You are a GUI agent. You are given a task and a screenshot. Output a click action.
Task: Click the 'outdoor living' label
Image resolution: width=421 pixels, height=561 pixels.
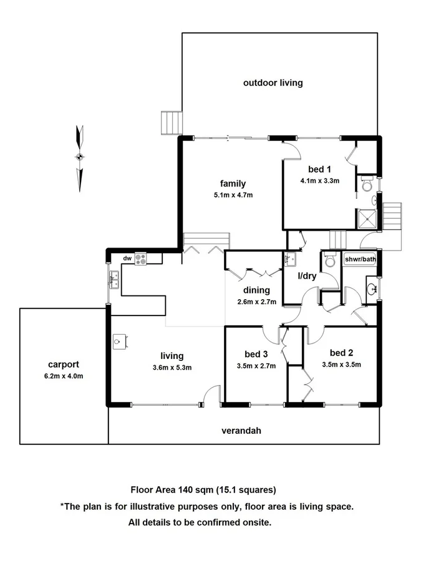click(x=273, y=82)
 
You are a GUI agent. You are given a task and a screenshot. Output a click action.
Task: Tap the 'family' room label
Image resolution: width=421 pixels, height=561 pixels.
click(x=233, y=183)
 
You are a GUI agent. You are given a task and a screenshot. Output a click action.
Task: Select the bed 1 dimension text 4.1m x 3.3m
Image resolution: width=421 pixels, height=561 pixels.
click(x=319, y=181)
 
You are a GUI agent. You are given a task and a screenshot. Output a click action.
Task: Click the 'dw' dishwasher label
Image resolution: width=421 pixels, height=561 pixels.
click(x=127, y=258)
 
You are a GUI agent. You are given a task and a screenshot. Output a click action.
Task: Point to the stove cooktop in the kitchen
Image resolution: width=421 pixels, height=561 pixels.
click(x=140, y=258)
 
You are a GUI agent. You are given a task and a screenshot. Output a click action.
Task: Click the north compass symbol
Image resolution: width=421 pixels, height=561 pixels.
click(x=79, y=158)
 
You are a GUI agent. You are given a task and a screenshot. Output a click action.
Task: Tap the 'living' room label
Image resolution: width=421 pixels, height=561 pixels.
click(x=172, y=356)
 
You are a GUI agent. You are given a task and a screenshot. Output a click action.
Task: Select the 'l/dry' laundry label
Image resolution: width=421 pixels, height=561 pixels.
click(x=307, y=276)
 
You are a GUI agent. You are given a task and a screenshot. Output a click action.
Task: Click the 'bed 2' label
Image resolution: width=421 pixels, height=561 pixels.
click(x=342, y=352)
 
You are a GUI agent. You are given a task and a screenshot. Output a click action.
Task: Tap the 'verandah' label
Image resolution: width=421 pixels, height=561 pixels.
click(x=241, y=430)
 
